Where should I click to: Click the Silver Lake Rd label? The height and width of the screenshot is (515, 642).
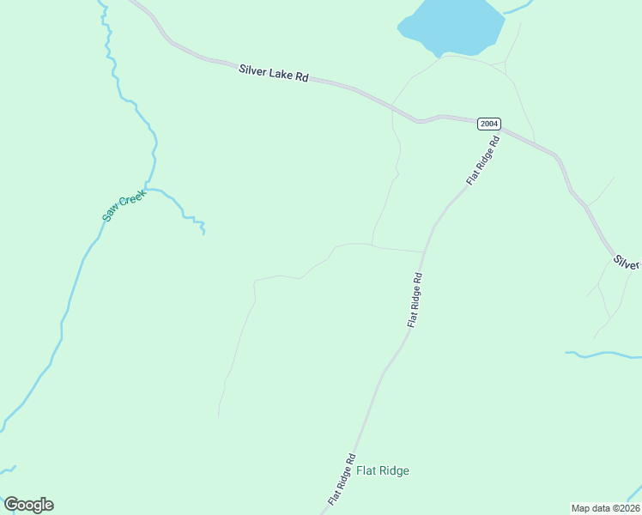tap(273, 75)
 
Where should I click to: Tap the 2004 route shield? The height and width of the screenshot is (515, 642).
tap(488, 124)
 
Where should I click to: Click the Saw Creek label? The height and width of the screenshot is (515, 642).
tap(124, 205)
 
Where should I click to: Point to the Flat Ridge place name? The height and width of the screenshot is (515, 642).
tap(383, 470)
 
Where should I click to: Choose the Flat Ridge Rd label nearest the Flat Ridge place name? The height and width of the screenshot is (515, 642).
tap(341, 479)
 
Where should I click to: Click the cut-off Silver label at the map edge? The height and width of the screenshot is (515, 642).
tap(627, 262)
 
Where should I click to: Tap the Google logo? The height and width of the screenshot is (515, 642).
tap(28, 505)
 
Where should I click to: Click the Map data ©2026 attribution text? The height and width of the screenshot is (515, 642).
tap(605, 508)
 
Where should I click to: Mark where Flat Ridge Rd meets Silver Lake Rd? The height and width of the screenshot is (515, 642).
tap(501, 130)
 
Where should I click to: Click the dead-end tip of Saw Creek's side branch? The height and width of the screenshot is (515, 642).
tap(203, 233)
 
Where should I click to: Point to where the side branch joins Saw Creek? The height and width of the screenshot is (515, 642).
tap(147, 185)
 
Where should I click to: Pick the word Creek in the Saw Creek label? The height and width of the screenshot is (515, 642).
tap(132, 199)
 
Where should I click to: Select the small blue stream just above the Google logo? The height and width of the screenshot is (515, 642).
tap(9, 470)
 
